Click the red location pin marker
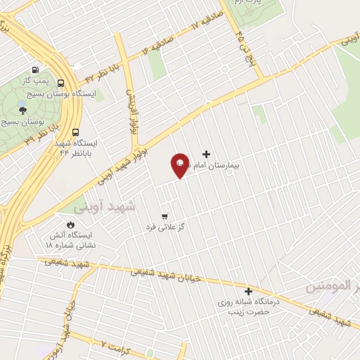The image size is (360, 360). click(180, 165)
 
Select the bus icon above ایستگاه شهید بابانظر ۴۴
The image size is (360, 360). click(76, 131)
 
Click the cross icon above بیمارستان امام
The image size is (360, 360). click(206, 154)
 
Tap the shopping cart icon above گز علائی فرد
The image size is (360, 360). click(165, 216)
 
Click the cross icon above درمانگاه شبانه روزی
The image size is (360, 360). click(247, 291)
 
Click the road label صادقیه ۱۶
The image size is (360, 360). click(156, 45)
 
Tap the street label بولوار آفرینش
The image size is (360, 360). click(130, 111)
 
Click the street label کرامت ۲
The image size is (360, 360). click(112, 345)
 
